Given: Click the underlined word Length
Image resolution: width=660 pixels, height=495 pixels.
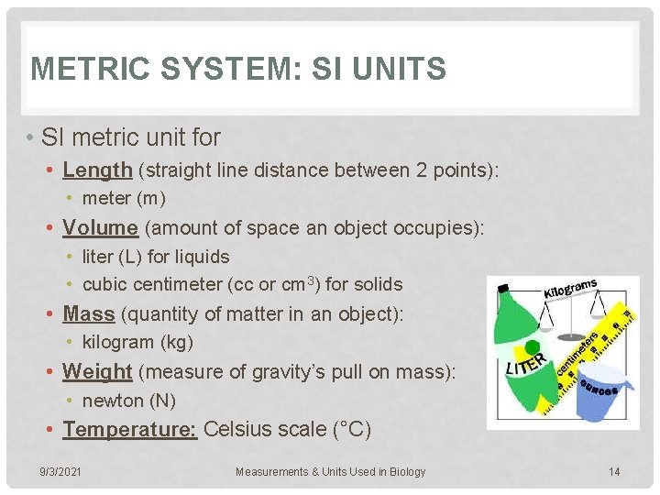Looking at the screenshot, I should pyautogui.click(x=97, y=170).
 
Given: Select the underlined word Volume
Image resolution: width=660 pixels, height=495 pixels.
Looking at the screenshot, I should pyautogui.click(x=100, y=227).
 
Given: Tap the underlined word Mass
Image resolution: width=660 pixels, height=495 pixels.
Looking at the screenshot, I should pyautogui.click(x=88, y=313).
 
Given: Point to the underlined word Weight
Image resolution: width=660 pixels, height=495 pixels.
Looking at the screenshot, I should pyautogui.click(x=97, y=371).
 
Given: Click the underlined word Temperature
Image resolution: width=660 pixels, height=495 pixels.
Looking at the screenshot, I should pyautogui.click(x=130, y=429).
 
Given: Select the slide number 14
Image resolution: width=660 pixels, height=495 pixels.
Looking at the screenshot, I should pyautogui.click(x=614, y=472).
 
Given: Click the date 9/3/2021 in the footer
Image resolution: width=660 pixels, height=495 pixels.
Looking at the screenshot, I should pyautogui.click(x=60, y=472).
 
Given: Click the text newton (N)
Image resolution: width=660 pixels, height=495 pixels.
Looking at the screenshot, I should pyautogui.click(x=129, y=401).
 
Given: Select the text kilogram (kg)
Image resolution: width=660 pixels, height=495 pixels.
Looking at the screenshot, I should pyautogui.click(x=138, y=343).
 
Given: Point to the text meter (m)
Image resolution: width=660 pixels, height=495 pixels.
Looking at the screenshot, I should pyautogui.click(x=124, y=198).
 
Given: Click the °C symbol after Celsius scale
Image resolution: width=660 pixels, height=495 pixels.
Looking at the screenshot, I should pyautogui.click(x=355, y=429).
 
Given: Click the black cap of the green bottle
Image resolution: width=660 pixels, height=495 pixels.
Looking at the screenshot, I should pyautogui.click(x=502, y=288).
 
